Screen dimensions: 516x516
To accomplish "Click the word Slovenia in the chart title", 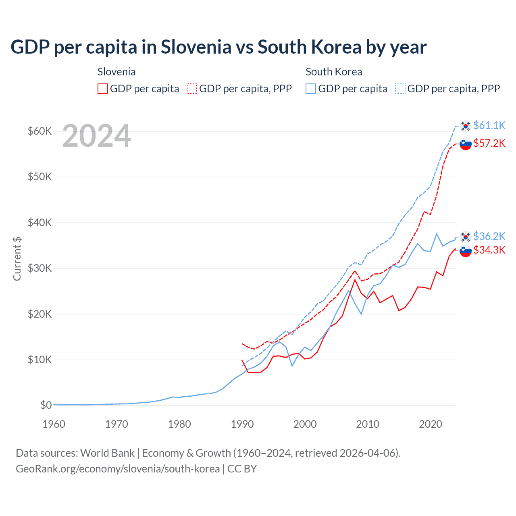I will point(196,47).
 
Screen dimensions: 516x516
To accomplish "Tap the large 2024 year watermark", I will point(96,136).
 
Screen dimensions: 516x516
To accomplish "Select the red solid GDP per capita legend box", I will point(103,89).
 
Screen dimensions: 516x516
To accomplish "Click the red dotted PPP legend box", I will point(192,89).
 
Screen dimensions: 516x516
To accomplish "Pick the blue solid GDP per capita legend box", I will point(311,89).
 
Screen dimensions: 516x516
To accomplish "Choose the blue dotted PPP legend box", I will point(400,89).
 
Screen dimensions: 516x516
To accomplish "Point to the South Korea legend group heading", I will point(334,72).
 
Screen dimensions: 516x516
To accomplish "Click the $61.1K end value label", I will point(489,125).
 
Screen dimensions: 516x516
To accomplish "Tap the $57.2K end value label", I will point(489,143).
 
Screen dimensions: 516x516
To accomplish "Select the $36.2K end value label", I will point(489,236).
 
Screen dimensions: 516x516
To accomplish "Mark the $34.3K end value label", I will point(489,250).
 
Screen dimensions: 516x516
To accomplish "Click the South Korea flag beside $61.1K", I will point(466,126).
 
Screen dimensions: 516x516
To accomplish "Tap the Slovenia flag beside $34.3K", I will point(466,251).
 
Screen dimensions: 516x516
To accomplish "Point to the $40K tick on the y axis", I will point(40,223).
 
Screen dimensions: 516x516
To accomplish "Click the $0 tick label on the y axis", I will point(46,405).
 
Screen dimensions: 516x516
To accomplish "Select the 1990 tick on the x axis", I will point(242,424).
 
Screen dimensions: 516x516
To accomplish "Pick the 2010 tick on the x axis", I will point(368,424).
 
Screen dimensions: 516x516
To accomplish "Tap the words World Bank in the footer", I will point(107,453).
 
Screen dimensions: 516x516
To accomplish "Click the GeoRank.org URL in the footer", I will point(118,469).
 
